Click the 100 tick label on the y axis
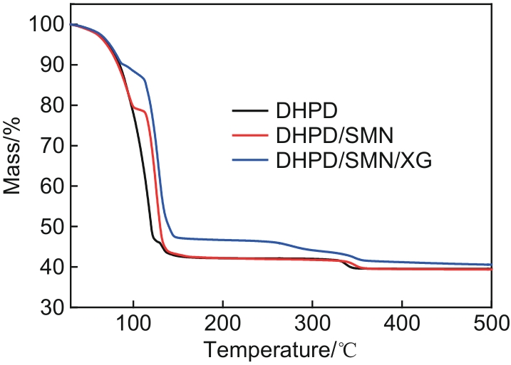47,25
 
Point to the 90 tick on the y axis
52,65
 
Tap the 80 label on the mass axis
52,106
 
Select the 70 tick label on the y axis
52,147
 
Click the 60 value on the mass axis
52,187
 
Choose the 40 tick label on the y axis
52,268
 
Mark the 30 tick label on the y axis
52,308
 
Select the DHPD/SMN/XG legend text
353,162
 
